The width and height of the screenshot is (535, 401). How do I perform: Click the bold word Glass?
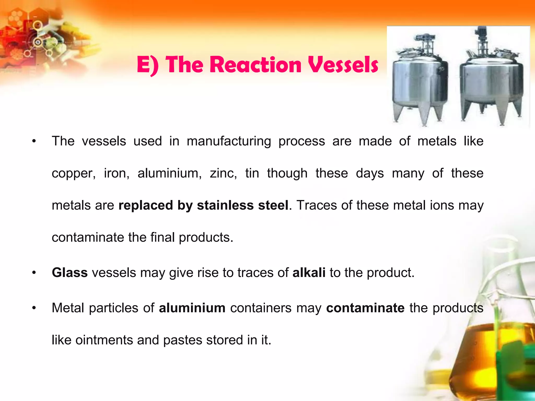tap(70, 273)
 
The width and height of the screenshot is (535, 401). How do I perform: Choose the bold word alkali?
tap(309, 273)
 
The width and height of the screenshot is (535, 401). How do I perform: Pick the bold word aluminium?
tap(192, 308)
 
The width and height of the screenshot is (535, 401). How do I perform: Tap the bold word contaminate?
tap(365, 308)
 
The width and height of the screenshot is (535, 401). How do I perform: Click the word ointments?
tap(104, 340)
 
